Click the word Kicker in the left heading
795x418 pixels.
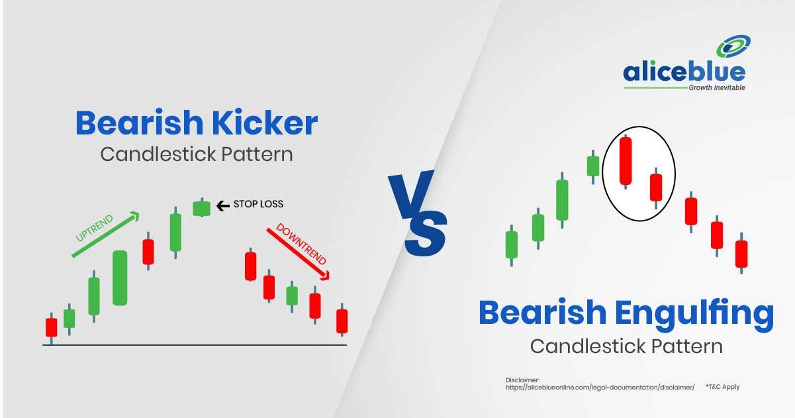tap(265, 123)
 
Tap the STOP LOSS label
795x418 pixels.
tap(258, 204)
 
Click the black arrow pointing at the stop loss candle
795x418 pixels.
tap(223, 205)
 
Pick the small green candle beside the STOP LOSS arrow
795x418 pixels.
tap(202, 209)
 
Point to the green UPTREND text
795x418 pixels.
tap(94, 228)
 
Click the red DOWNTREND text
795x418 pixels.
tap(301, 244)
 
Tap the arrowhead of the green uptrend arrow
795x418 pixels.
tap(135, 216)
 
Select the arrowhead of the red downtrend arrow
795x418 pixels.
tap(326, 275)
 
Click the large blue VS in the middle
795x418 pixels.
tap(418, 213)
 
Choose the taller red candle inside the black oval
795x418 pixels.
tap(626, 161)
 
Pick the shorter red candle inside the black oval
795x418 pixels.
tap(656, 188)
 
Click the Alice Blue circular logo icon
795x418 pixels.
tap(733, 46)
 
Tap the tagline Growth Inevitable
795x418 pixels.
tap(717, 87)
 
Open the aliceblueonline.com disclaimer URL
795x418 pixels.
tap(600, 388)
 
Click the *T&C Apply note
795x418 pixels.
tap(723, 387)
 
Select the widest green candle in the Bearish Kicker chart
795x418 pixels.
tap(120, 278)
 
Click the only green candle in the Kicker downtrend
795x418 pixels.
tap(292, 296)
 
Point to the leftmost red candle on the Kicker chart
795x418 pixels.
tap(52, 327)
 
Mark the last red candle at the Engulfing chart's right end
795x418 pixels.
tap(741, 254)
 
